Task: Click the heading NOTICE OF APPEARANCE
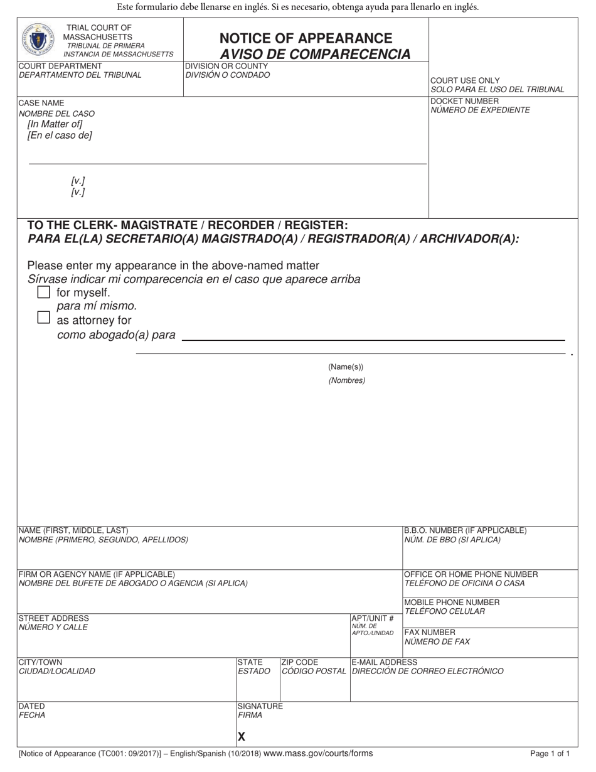[306, 38]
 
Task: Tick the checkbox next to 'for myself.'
[43, 292]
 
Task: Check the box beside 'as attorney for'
[43, 318]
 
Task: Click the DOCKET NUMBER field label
[465, 101]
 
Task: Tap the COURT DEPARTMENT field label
[60, 66]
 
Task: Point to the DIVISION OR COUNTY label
[226, 66]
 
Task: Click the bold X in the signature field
[242, 737]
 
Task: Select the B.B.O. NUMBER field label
[465, 530]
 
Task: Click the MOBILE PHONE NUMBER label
[452, 602]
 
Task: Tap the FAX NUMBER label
[430, 632]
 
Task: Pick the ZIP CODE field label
[300, 662]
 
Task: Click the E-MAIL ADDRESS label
[385, 662]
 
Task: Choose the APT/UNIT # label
[373, 618]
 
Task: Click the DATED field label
[31, 706]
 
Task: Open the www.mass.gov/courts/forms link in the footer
[318, 753]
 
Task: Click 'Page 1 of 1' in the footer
[550, 754]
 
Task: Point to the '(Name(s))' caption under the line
[346, 367]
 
